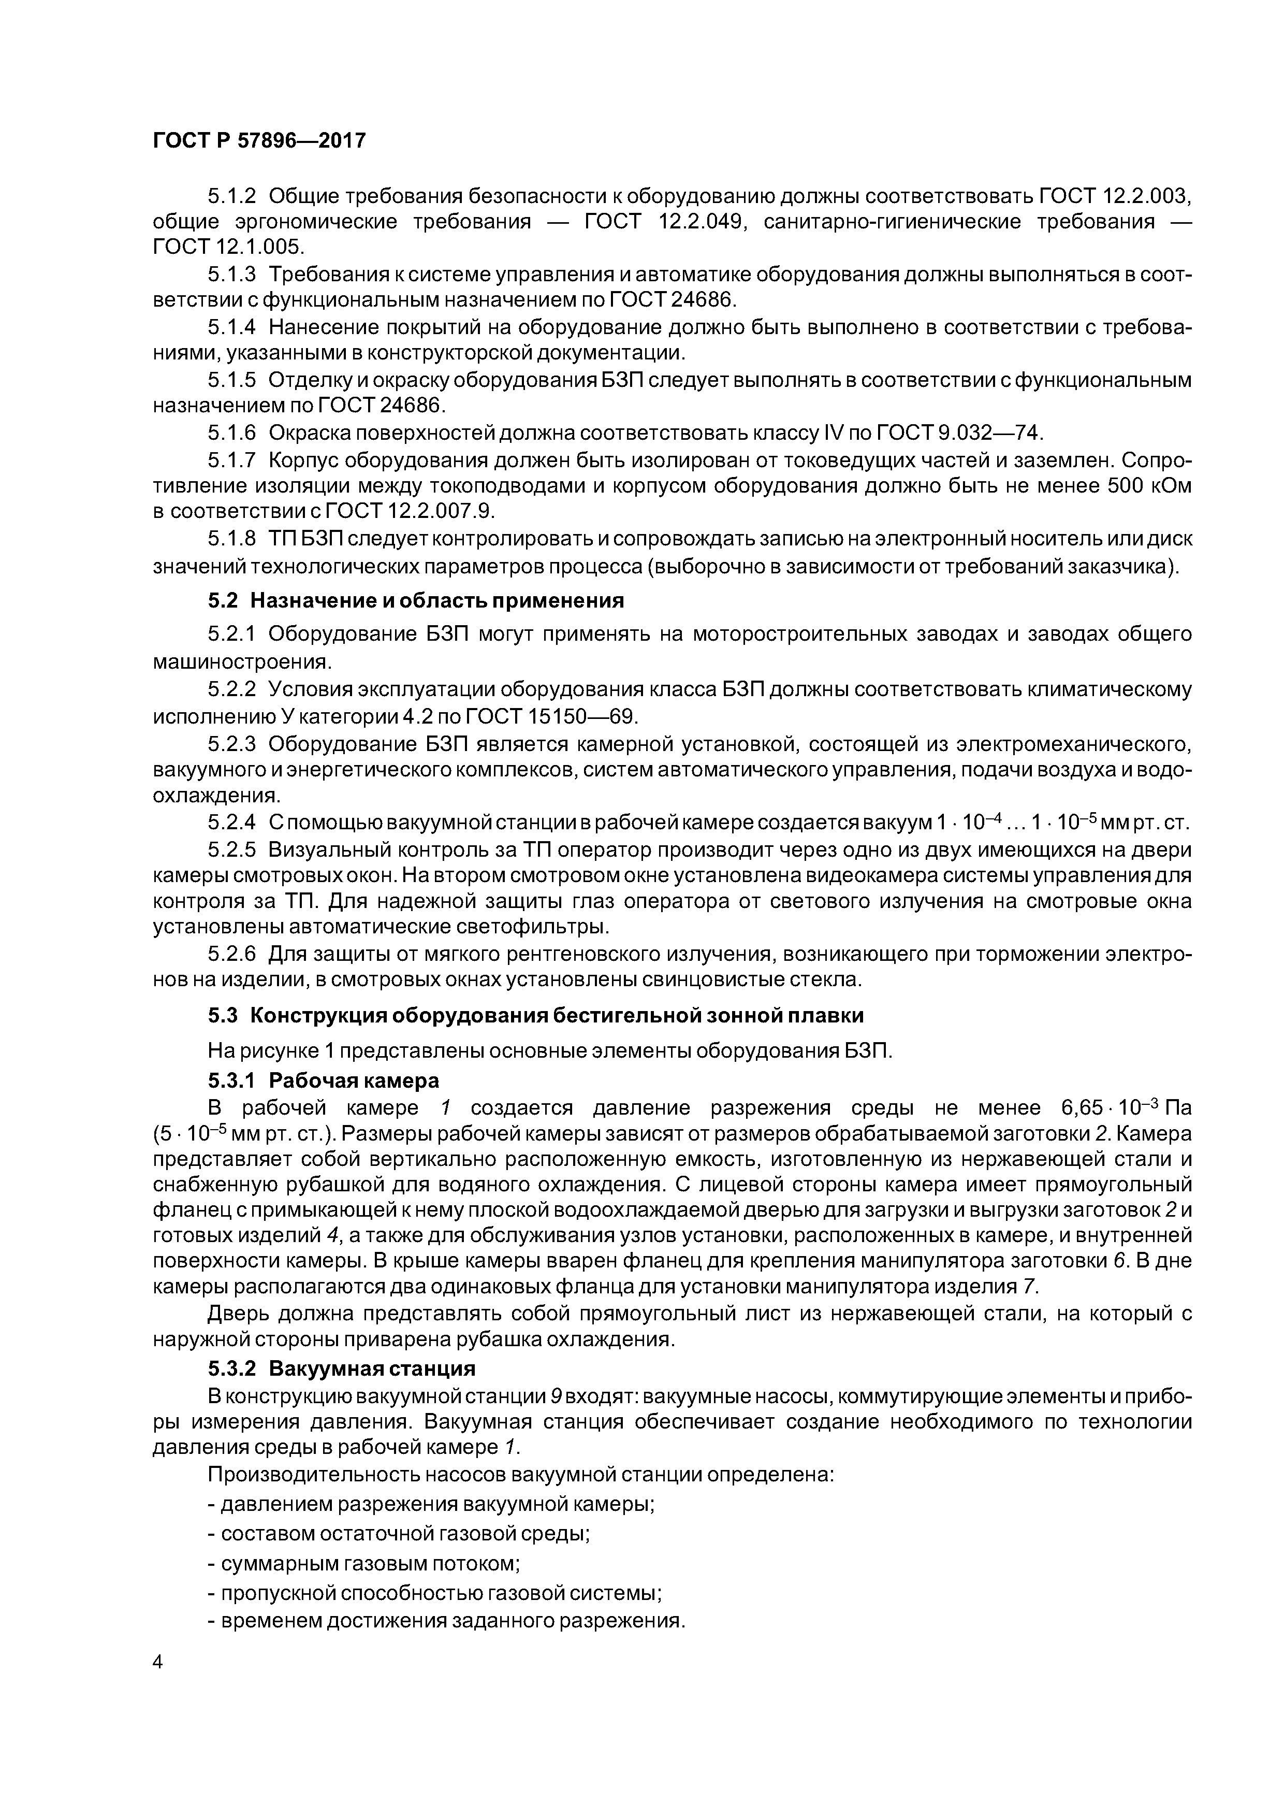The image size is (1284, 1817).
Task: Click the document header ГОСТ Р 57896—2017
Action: pos(259,141)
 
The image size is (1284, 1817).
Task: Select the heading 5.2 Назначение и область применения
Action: pos(415,601)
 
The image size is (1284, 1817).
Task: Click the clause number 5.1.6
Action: pos(232,433)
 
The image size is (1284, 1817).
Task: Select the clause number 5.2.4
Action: pos(232,823)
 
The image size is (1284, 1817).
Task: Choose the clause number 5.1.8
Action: pos(232,539)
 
